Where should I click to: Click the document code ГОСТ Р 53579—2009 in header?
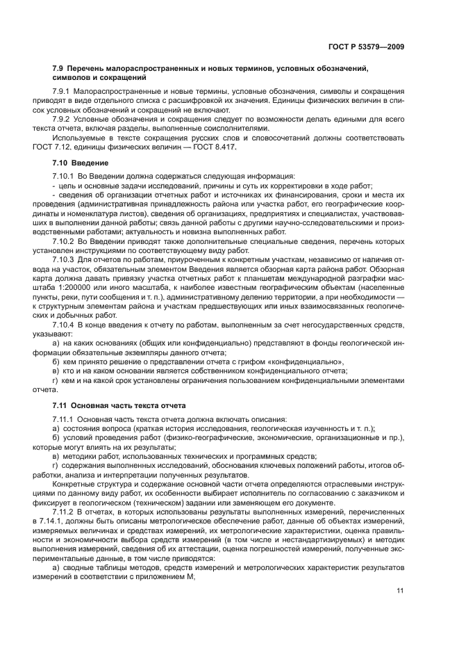pos(367,47)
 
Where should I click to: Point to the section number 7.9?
pos(58,68)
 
